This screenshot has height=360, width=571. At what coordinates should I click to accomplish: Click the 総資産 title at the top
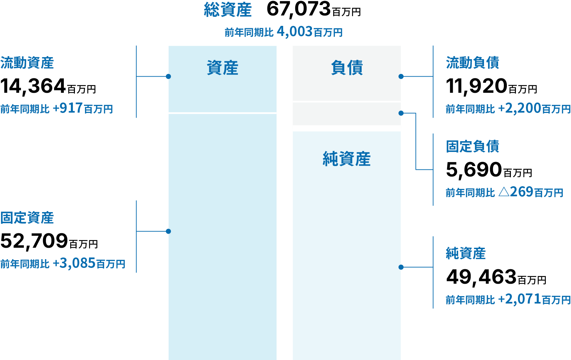point(228,10)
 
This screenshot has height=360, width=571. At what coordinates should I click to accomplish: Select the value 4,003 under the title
point(295,32)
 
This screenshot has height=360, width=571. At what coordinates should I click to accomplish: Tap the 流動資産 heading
point(27,63)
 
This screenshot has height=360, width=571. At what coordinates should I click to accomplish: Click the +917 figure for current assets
point(68,108)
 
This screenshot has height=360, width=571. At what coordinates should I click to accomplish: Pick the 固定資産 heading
point(27,218)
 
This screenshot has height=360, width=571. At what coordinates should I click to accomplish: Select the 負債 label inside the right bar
point(347,68)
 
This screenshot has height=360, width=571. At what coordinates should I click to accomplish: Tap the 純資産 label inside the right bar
point(347,159)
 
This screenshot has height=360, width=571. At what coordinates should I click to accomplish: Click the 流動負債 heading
point(473,63)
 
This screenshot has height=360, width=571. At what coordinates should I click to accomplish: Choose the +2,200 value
point(520,108)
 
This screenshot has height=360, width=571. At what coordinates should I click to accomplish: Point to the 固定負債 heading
point(473,147)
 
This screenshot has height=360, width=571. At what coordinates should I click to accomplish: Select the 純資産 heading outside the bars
point(466,253)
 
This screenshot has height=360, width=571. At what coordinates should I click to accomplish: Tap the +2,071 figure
point(520,299)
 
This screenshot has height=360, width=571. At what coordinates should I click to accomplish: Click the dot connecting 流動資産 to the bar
point(168,77)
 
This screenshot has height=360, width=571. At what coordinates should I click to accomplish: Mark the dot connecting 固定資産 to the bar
point(168,231)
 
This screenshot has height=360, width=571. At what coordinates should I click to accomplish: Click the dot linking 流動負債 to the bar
point(401,77)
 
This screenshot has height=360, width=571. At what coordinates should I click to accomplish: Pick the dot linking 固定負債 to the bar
point(401,113)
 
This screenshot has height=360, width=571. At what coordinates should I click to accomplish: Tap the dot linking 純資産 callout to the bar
point(401,267)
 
